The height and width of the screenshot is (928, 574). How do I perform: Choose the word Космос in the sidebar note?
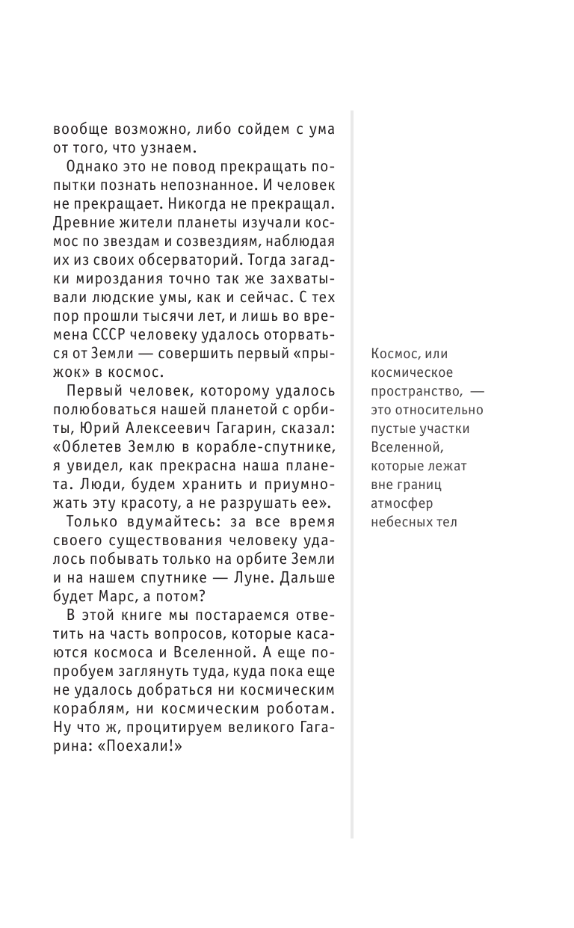pyautogui.click(x=395, y=354)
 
